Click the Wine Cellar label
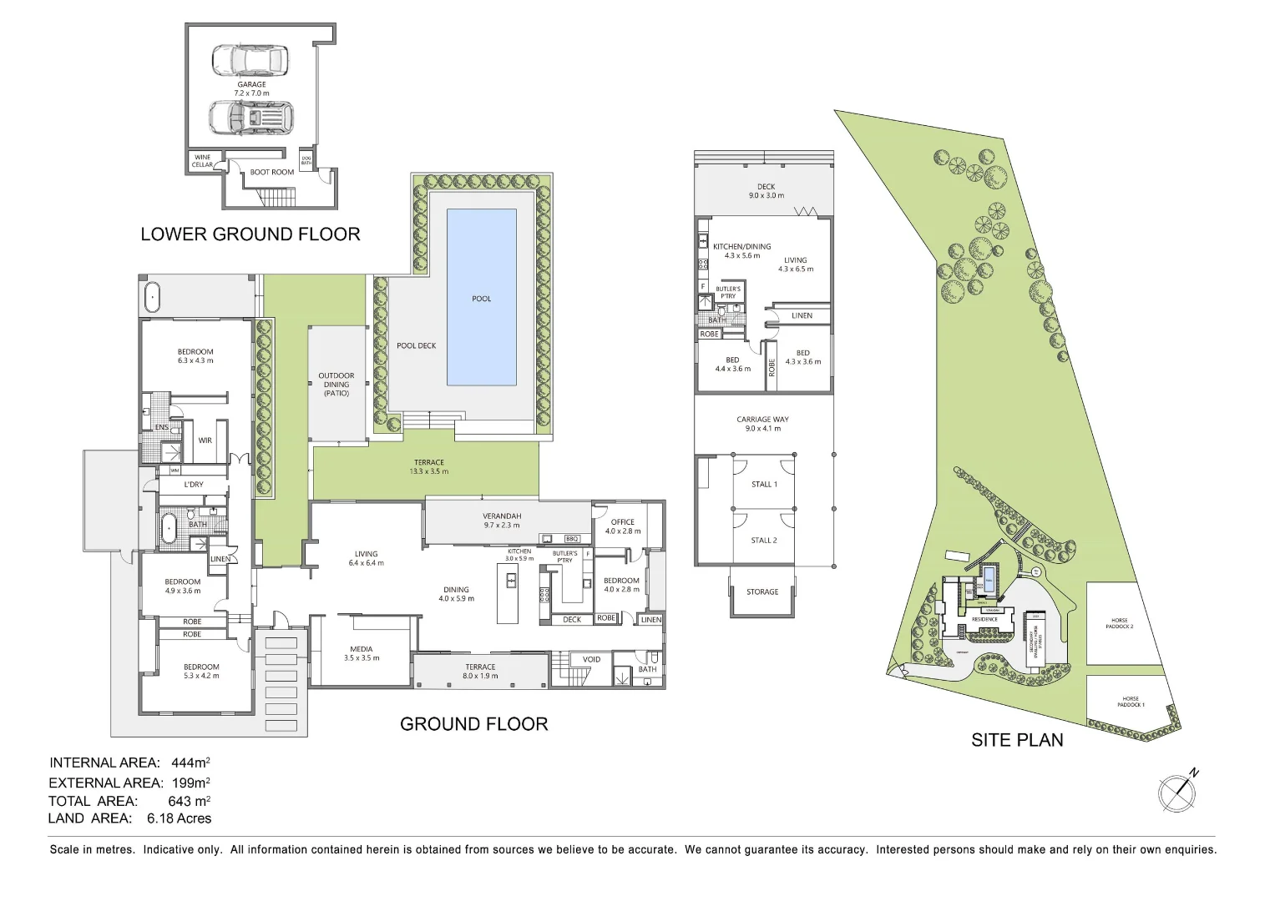203,160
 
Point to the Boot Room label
271,172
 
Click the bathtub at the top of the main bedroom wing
152,298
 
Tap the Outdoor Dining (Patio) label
336,384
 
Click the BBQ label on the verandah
573,539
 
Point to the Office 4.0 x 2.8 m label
623,526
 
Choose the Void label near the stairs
591,659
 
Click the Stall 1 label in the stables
764,484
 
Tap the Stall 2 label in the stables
763,540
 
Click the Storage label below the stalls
761,591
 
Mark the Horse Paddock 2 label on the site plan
1120,623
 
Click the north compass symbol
1176,792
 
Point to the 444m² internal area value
190,763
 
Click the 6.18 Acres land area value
179,818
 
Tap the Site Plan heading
1016,740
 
